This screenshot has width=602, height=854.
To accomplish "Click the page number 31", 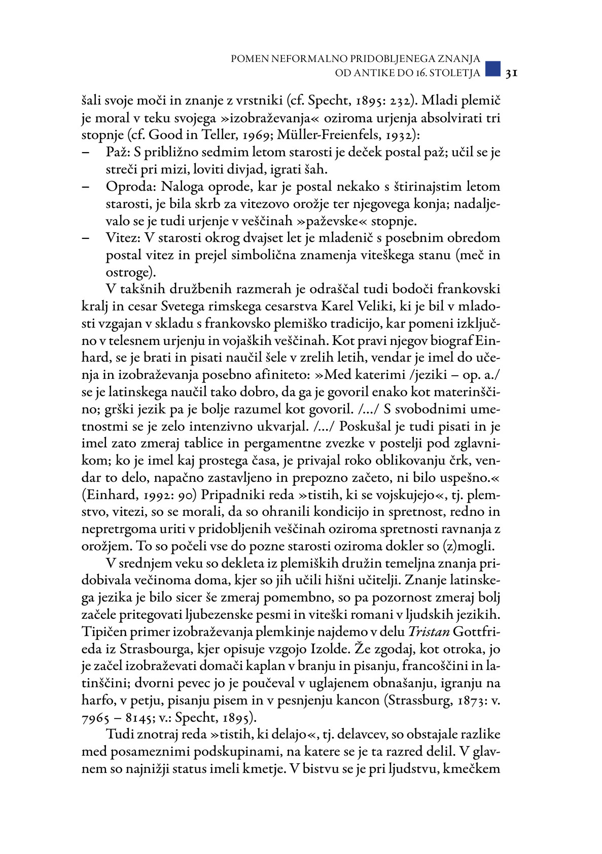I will (511, 73).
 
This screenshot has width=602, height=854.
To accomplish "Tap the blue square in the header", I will (492, 69).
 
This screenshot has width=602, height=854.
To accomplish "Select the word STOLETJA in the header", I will (454, 73).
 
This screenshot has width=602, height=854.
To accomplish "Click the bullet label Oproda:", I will (131, 187).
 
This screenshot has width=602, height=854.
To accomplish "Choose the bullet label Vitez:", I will (123, 238).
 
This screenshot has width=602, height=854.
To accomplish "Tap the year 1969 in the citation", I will (277, 135).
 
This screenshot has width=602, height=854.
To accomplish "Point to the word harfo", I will (96, 700).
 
